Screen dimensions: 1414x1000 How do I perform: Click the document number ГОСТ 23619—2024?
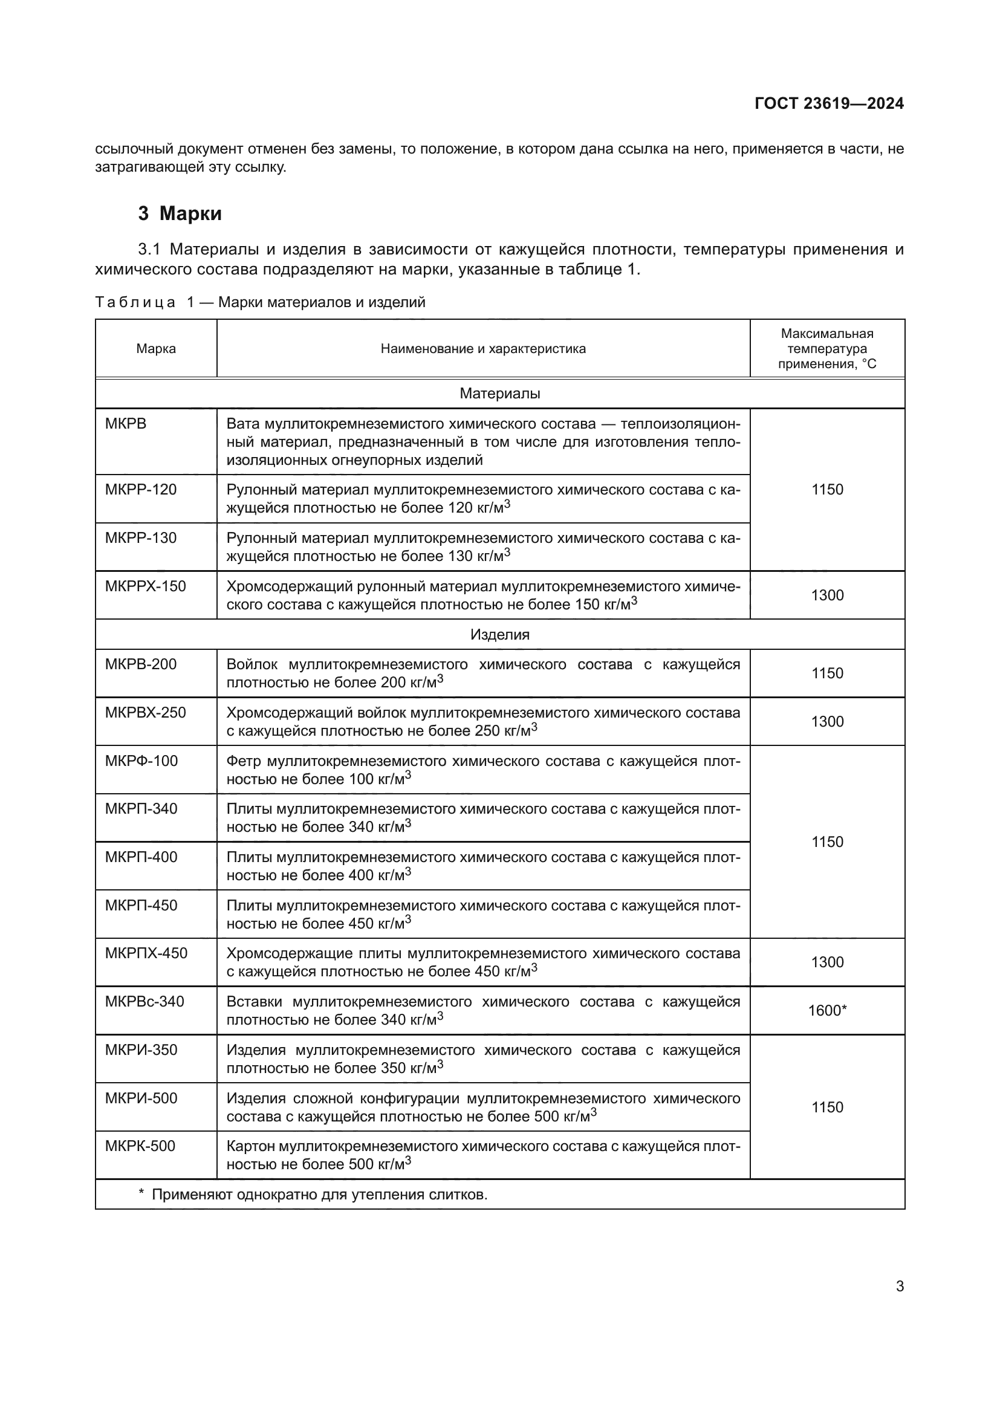click(x=829, y=103)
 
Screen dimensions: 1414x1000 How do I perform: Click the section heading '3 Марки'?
click(x=180, y=213)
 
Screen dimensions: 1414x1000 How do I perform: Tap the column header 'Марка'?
click(x=156, y=349)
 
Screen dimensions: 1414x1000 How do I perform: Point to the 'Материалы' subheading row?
click(x=499, y=394)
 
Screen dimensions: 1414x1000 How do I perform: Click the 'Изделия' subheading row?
click(x=499, y=634)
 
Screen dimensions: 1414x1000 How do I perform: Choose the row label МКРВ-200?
click(x=140, y=664)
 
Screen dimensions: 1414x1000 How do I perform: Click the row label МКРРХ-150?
click(x=145, y=586)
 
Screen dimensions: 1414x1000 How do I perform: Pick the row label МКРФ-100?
click(x=141, y=761)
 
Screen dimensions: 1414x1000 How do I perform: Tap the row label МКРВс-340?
click(x=144, y=1002)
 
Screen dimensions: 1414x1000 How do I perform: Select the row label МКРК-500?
click(x=140, y=1147)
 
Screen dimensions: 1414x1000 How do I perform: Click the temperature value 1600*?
click(x=827, y=1011)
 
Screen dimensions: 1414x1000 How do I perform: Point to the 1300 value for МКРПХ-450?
click(x=827, y=962)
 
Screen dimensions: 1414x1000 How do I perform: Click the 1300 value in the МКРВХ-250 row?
click(x=827, y=722)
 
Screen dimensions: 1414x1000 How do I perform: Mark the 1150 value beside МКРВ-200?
click(x=827, y=673)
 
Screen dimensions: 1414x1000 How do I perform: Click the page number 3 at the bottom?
click(x=900, y=1286)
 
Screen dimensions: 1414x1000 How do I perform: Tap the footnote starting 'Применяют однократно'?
click(x=319, y=1195)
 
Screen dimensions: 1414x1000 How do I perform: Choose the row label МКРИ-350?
click(x=141, y=1050)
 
